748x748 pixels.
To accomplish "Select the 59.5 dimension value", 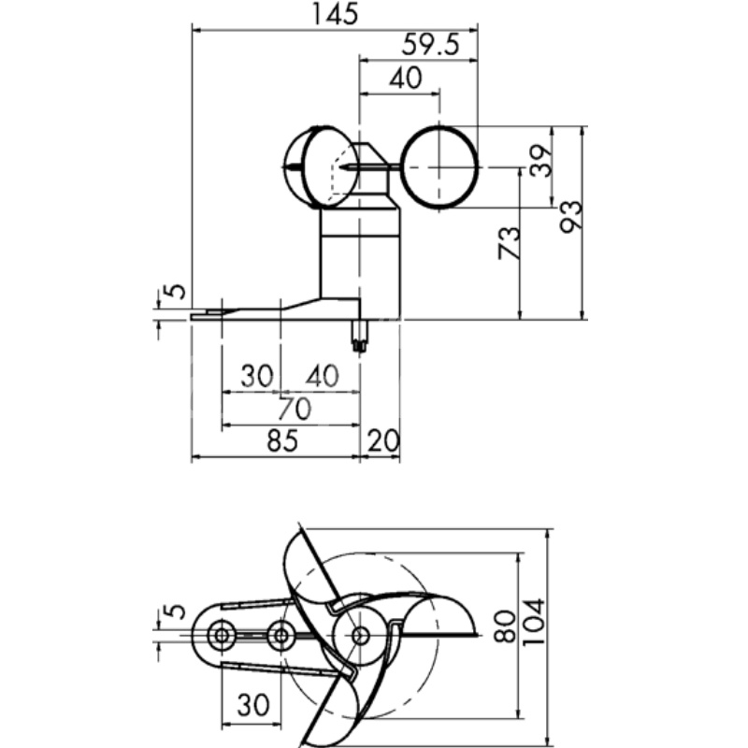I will (430, 45).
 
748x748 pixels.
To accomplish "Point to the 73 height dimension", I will (507, 245).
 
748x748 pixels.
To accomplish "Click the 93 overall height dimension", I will (570, 221).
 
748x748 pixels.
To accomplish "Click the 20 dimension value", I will (383, 441).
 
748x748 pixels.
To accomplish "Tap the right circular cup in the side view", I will (440, 166).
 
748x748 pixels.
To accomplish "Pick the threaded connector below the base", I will (360, 335).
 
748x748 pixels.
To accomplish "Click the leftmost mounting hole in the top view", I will (222, 636).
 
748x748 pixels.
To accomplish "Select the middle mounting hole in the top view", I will (280, 636).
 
